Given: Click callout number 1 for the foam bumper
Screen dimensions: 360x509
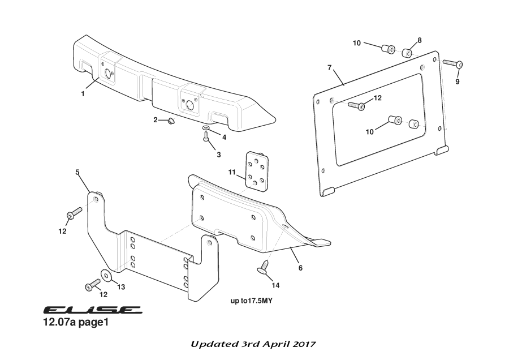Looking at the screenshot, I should coord(83,94).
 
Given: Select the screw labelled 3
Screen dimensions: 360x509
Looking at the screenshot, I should coord(206,138).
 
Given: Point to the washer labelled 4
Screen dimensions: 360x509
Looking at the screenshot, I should coord(206,130).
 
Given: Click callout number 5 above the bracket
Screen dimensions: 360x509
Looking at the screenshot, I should coord(78,172).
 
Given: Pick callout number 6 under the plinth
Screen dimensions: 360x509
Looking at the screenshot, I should coord(300,267).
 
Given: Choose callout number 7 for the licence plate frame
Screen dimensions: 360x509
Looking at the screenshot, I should coord(329,68).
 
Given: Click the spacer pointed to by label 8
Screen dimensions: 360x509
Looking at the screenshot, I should coord(406,53).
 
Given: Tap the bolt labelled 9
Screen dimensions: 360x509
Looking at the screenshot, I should coord(453,63).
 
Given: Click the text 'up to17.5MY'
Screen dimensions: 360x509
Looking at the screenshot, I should coord(252,301).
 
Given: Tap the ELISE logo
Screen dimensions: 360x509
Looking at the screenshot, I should coord(92,310).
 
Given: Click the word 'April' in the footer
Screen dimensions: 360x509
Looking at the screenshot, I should coord(275,344).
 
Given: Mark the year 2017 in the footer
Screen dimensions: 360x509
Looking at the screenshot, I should coord(303,344).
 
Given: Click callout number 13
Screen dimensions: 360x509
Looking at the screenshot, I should coord(120,287).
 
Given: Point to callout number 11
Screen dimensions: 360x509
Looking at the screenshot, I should coord(232,172).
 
